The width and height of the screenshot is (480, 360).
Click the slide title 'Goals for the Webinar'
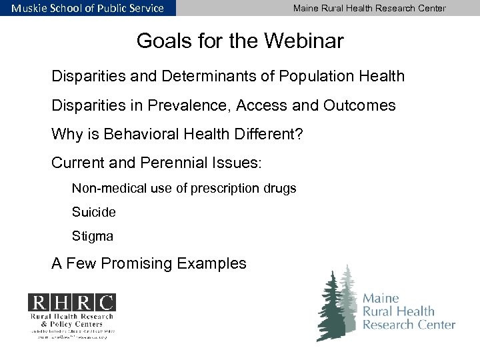pos(240,42)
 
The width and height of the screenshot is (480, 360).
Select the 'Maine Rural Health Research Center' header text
pos(369,8)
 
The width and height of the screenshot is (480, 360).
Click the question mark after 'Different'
pos(299,135)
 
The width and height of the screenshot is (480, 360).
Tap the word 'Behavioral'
pos(141,135)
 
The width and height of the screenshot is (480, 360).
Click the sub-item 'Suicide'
pos(94,212)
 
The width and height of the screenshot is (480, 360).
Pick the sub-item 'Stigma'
pos(93,236)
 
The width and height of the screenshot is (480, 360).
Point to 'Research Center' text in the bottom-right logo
pos(409,325)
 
